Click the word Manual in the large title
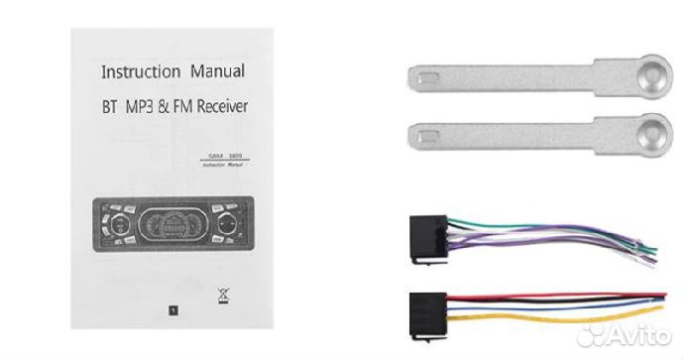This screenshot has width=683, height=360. click(214, 72)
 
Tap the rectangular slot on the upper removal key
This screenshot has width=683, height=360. click(421, 76)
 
